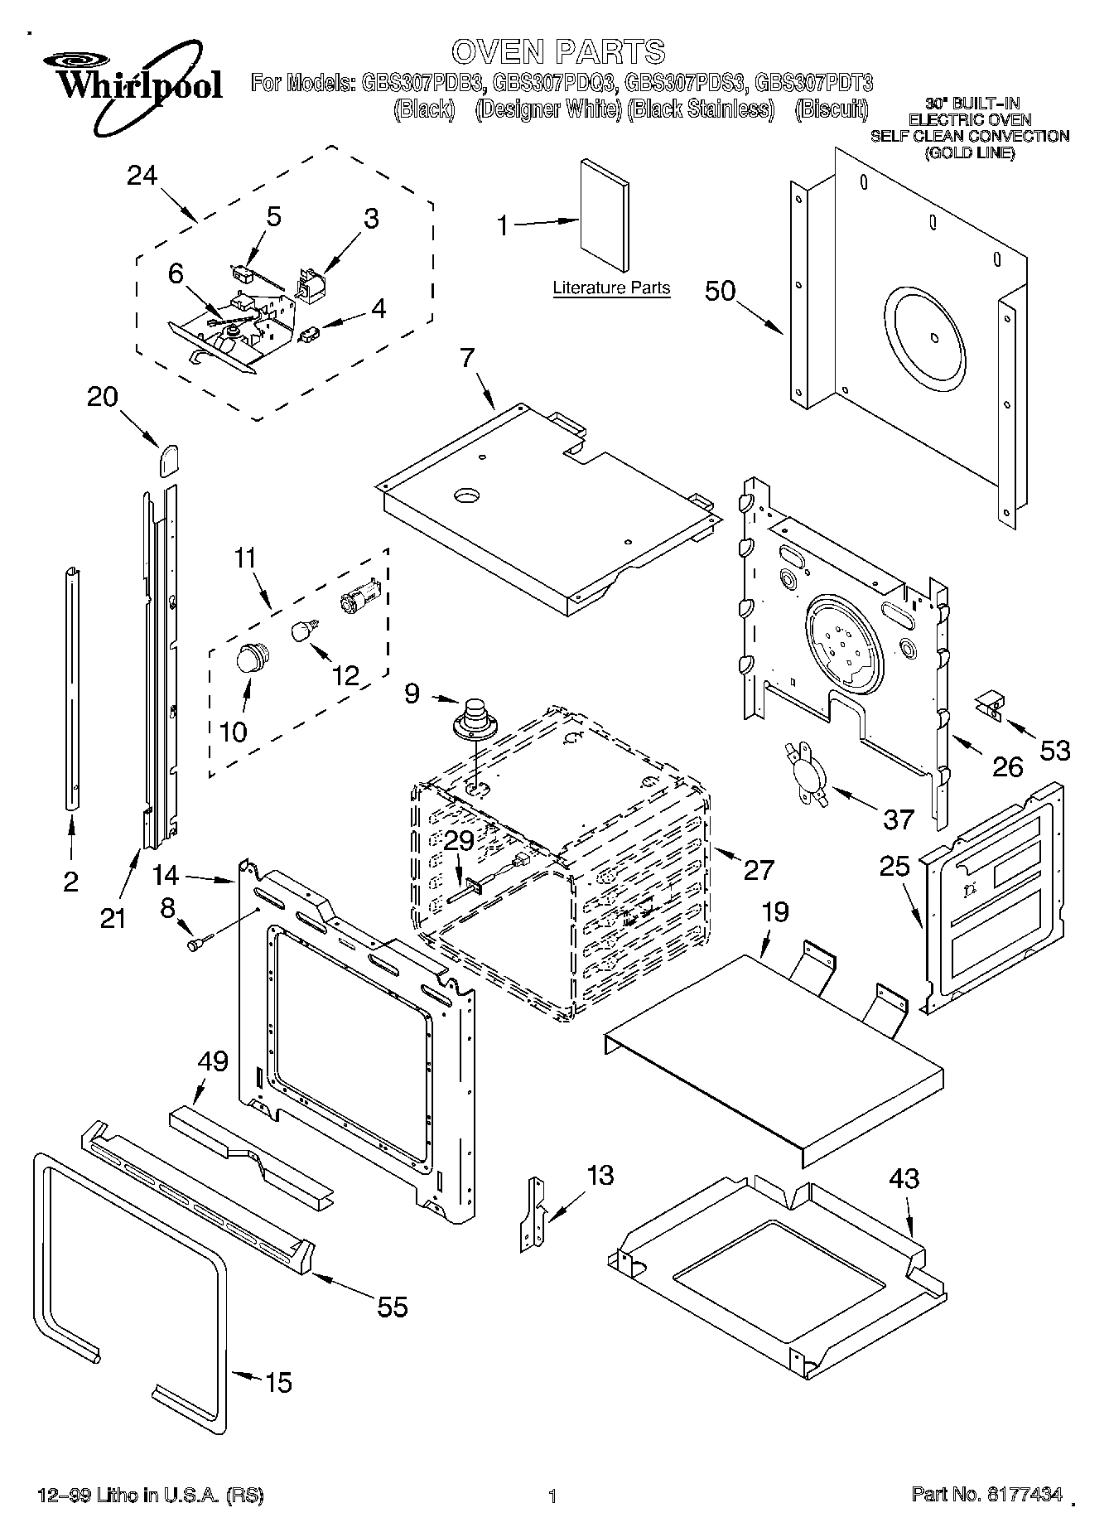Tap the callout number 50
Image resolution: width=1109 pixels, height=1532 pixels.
tap(721, 291)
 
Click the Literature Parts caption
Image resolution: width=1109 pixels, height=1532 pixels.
tap(611, 288)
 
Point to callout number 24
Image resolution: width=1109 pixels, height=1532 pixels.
tap(142, 176)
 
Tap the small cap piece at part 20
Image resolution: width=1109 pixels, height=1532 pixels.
tap(169, 457)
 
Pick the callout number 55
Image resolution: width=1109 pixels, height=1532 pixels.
tap(392, 1307)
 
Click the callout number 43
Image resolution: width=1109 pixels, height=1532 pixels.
tap(904, 1178)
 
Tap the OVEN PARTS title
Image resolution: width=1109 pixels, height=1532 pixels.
tap(558, 51)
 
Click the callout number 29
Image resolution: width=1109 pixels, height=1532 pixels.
tap(460, 840)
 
